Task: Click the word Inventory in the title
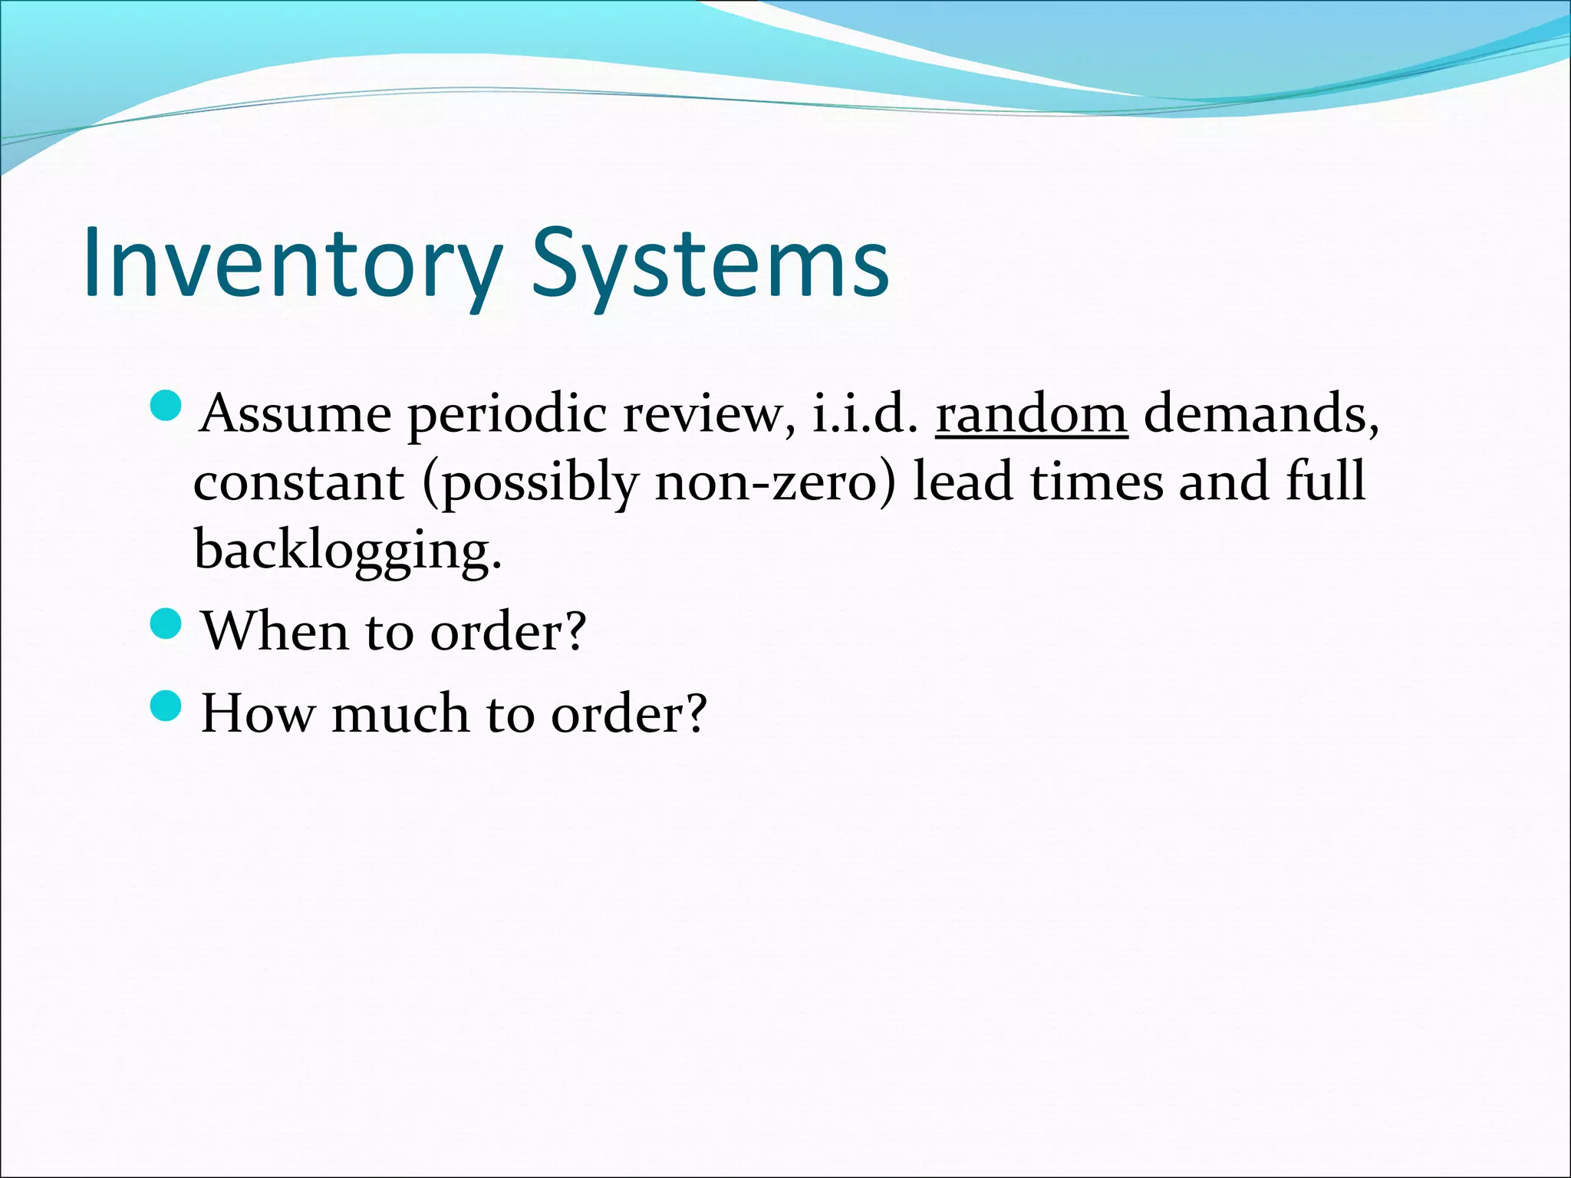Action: [291, 262]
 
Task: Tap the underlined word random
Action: [1031, 414]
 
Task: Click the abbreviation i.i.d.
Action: [864, 414]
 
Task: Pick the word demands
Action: [1261, 414]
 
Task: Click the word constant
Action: [298, 483]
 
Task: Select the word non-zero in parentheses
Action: [775, 483]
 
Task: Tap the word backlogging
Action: [347, 551]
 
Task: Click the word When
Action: [275, 631]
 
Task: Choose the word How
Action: [257, 713]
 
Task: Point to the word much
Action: [400, 713]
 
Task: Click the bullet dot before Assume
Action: [164, 406]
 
